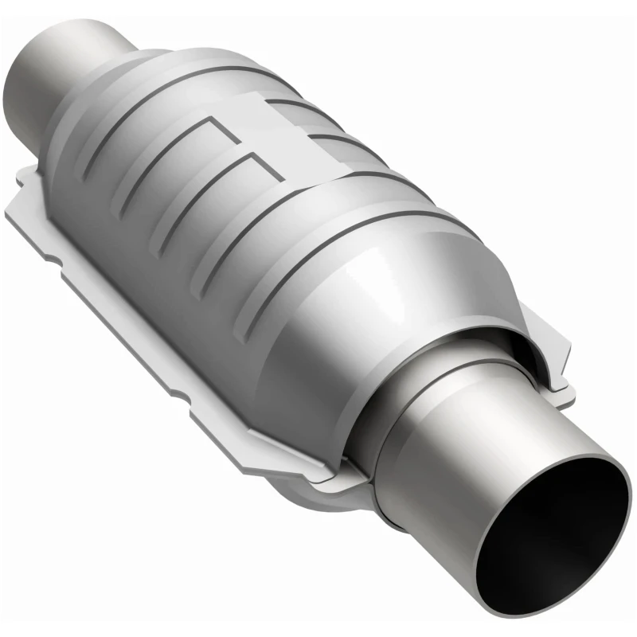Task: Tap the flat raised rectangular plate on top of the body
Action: click(x=263, y=119)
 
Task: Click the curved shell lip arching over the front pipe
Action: click(x=470, y=334)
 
